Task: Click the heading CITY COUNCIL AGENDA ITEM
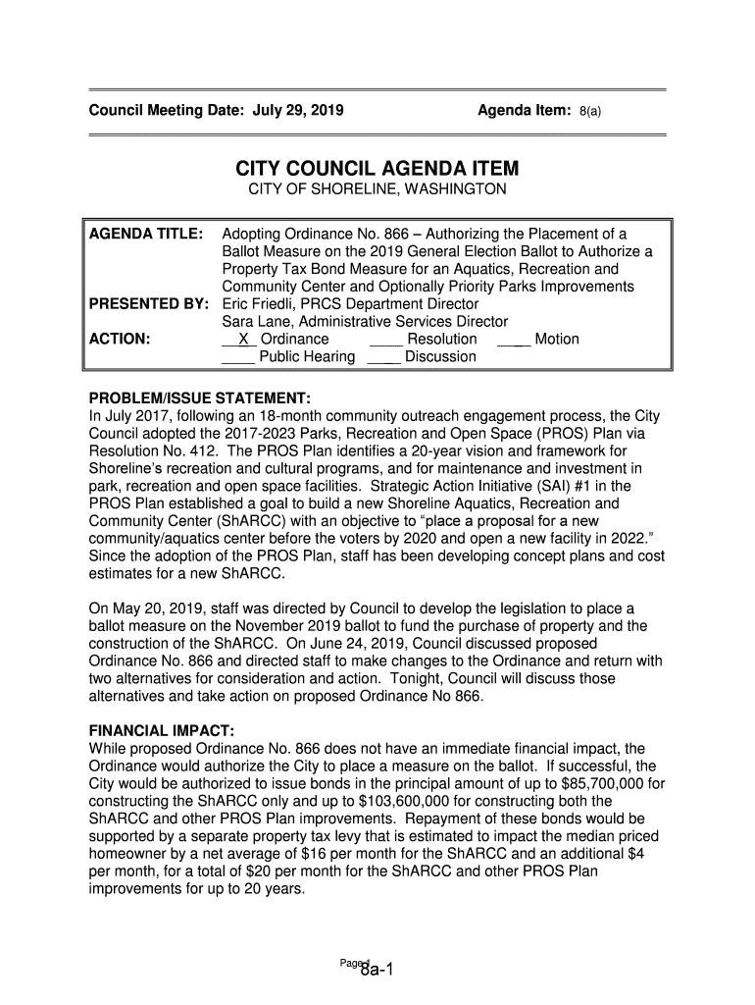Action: (x=377, y=168)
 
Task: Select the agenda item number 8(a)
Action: (x=589, y=112)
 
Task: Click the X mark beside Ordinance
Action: (x=241, y=339)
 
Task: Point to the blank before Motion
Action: (x=514, y=340)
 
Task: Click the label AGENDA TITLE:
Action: (x=146, y=234)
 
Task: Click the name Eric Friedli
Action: (x=258, y=303)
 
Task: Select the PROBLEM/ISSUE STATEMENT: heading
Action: (x=200, y=397)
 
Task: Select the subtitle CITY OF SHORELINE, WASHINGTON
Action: (x=377, y=188)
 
